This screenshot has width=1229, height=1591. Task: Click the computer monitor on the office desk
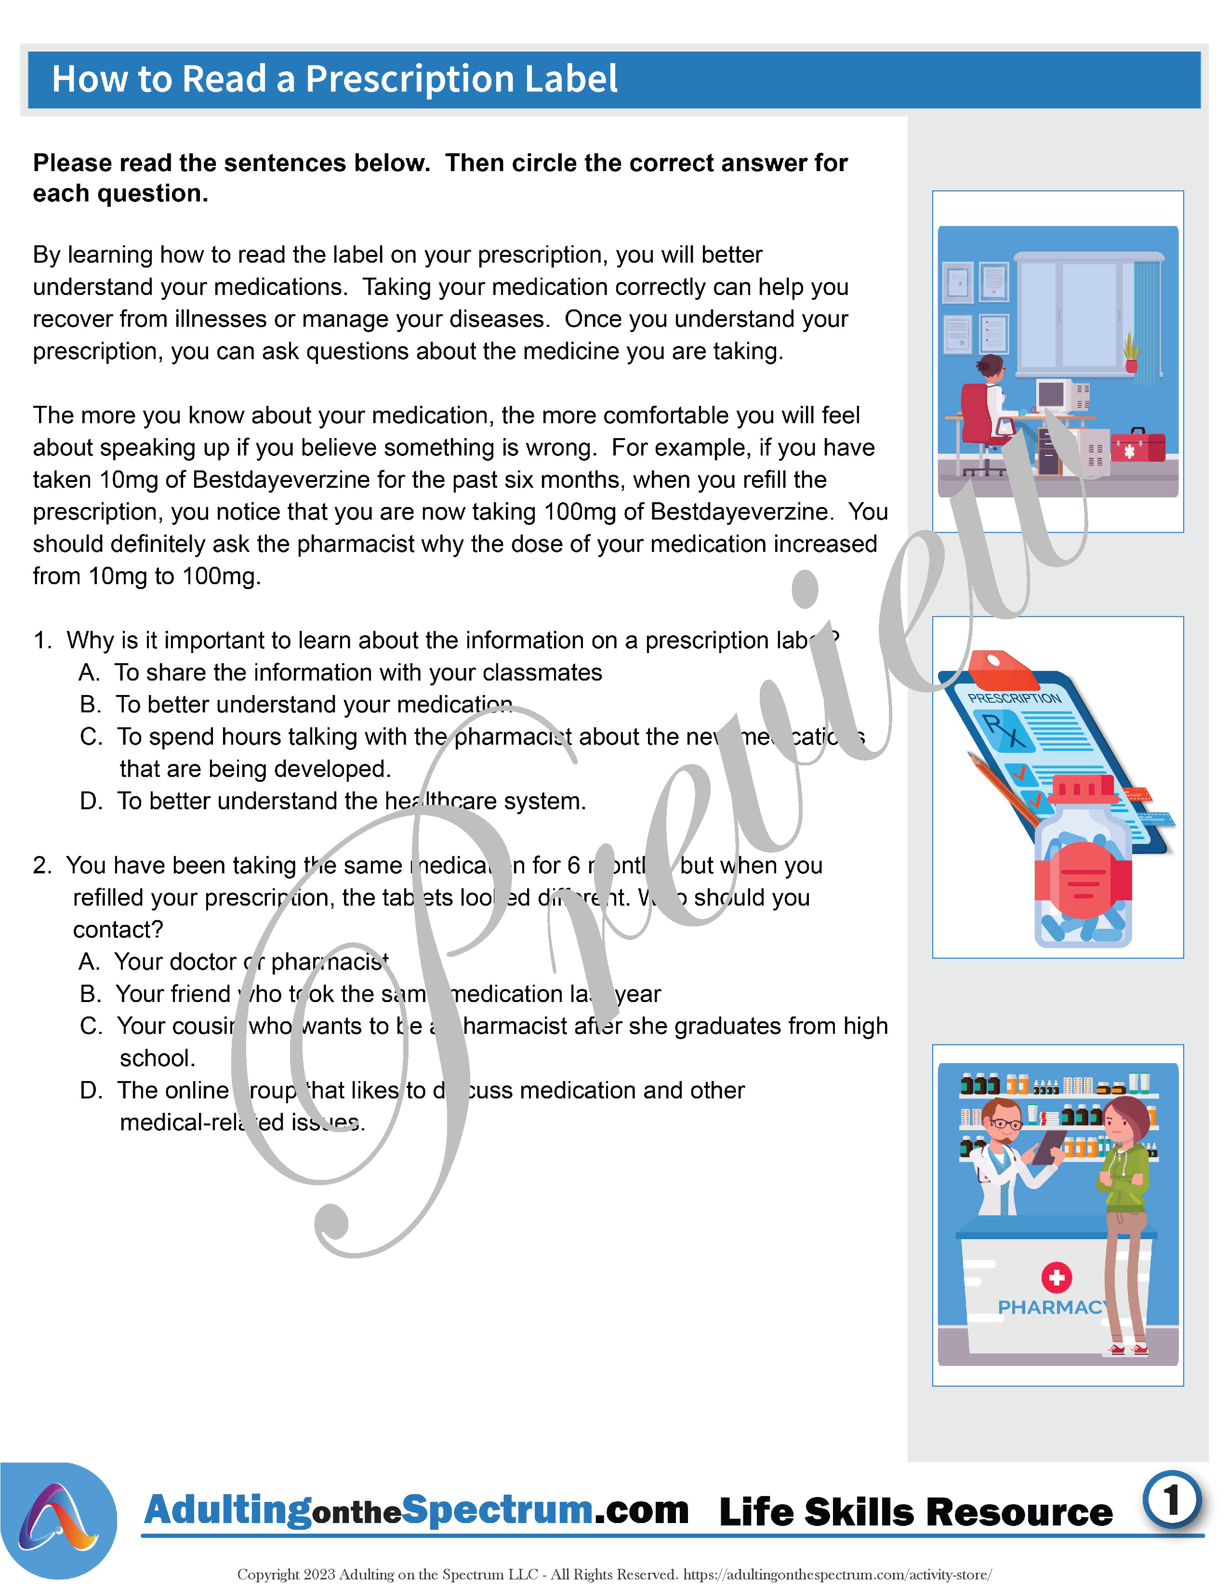pos(1052,396)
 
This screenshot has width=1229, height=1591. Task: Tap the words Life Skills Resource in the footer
pos(915,1513)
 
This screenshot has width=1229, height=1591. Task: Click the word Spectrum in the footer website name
pos(497,1510)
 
